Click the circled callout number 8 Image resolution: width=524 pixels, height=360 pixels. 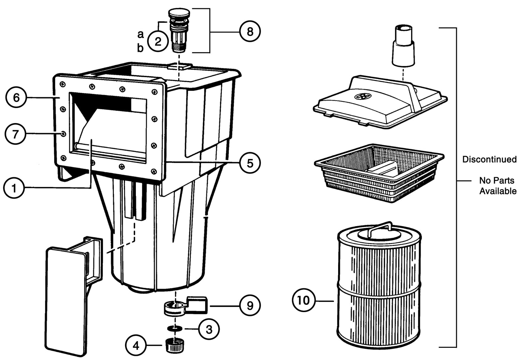tap(250, 32)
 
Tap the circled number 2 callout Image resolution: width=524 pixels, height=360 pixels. tap(158, 42)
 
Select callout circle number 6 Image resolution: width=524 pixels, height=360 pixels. tap(16, 98)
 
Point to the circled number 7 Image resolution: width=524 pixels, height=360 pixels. tap(15, 134)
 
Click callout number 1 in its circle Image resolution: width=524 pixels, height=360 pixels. tap(14, 189)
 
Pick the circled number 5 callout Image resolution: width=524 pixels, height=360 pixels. tap(250, 163)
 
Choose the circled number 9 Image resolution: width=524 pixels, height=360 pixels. tap(250, 306)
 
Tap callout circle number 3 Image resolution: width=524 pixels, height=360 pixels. tap(209, 329)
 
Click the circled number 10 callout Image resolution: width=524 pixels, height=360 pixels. tap(304, 300)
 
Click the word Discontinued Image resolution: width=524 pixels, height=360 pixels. tap(489, 159)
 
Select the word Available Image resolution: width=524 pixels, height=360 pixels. tap(497, 191)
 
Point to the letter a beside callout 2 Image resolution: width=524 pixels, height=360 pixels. tap(140, 34)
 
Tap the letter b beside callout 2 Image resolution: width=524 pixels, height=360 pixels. tap(140, 48)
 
